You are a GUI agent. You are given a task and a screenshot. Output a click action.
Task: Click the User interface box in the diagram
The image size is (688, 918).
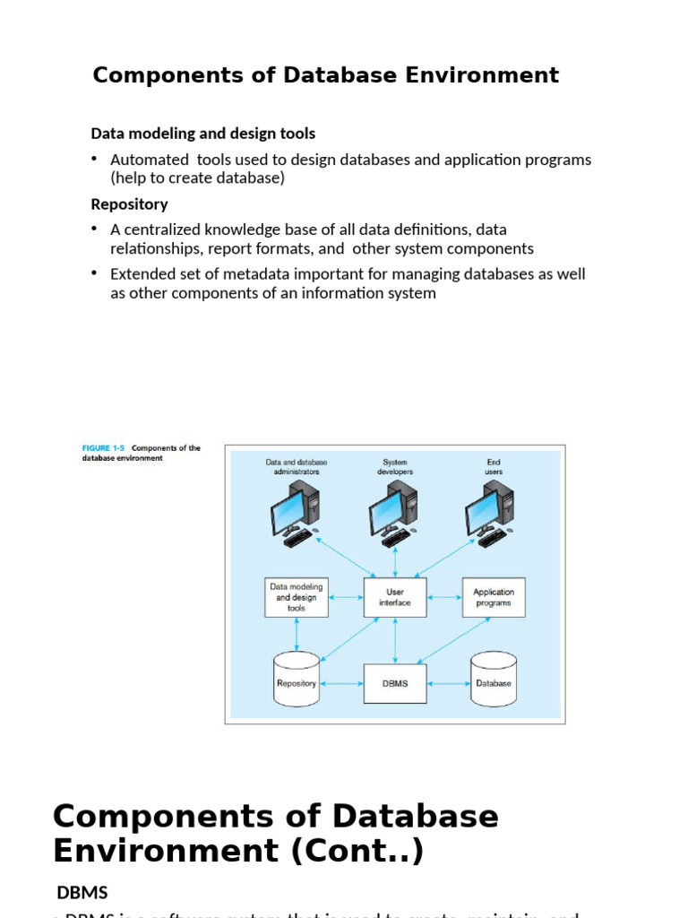tap(395, 597)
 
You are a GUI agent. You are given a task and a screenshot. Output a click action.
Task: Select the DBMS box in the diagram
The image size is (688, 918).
tap(395, 683)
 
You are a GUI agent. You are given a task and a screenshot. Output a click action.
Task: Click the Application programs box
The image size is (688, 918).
tap(494, 597)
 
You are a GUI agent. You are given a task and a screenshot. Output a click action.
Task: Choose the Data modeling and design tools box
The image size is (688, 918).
tap(297, 597)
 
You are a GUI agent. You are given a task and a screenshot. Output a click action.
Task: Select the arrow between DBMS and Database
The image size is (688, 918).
tap(449, 683)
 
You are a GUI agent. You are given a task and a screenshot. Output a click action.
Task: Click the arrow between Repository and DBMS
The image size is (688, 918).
tap(341, 683)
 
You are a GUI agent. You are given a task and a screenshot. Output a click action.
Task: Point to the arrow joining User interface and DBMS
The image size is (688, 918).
tap(395, 640)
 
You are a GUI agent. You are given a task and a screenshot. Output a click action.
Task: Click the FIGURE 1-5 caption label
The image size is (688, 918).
tap(103, 448)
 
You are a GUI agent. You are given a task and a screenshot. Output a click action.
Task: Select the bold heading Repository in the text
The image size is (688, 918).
tap(129, 204)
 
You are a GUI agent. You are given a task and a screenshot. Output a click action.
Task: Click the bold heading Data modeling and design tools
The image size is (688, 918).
tap(203, 134)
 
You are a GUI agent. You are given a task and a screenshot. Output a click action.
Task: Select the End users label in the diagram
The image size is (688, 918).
tap(494, 467)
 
